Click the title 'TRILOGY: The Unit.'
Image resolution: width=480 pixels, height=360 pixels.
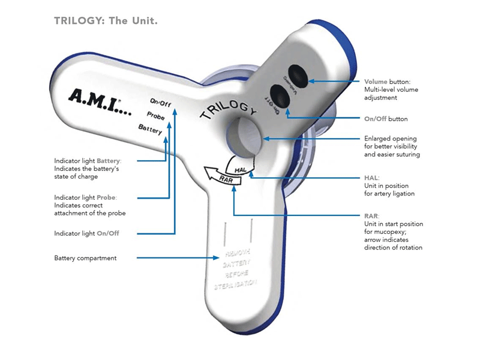(x=106, y=20)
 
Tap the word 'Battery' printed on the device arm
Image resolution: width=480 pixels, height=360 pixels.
(x=150, y=128)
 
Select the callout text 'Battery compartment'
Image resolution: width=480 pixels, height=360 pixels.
(x=85, y=258)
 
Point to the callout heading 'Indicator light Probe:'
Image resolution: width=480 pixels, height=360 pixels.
(x=85, y=197)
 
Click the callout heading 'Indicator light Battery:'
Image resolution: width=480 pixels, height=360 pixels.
(x=88, y=161)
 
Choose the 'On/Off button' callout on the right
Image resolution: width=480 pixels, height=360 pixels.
(x=386, y=119)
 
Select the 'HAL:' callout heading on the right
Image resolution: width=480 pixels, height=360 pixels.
(x=372, y=178)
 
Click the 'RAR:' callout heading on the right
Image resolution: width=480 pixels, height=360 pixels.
(x=372, y=216)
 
